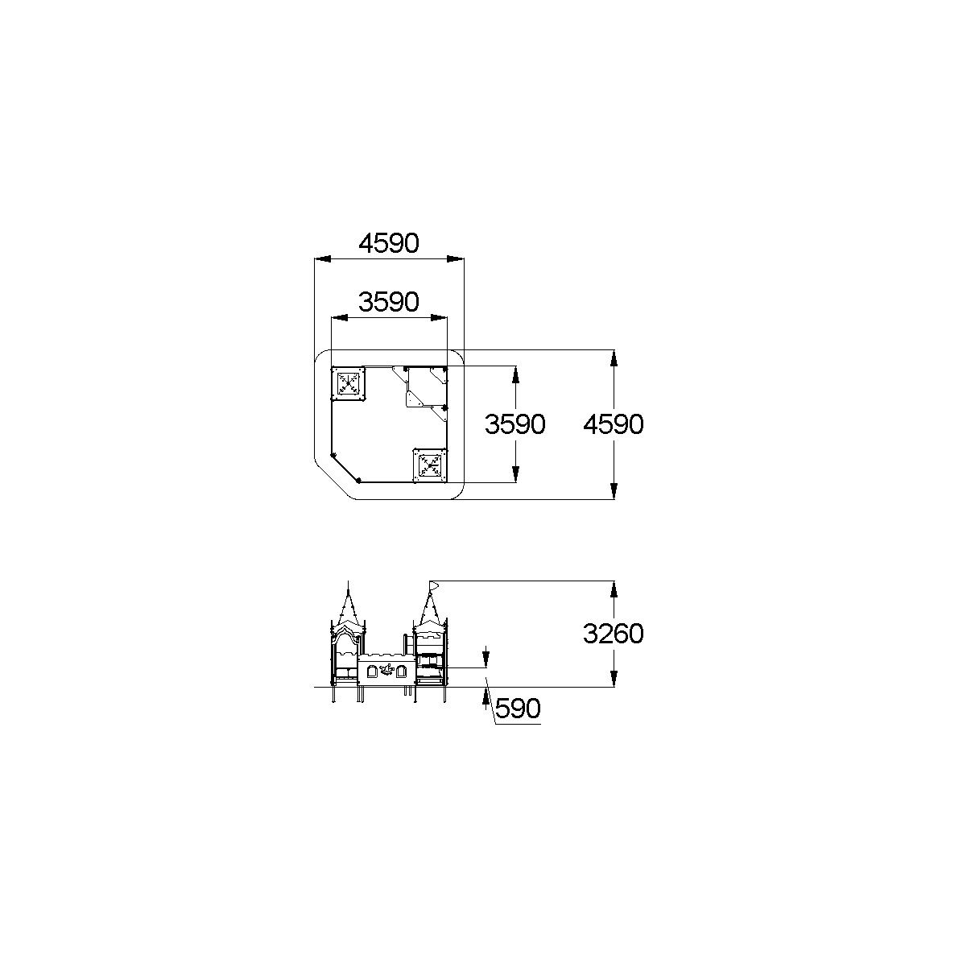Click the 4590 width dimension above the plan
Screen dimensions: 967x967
click(388, 243)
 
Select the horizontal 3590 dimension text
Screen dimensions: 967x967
click(388, 302)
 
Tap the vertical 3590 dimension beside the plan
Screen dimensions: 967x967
click(514, 424)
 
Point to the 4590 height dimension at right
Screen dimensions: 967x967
click(614, 424)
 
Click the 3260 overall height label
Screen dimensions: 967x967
click(614, 634)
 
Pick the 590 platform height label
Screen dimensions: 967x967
click(518, 709)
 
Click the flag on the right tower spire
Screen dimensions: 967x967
click(434, 585)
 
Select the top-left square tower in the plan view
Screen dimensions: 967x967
click(348, 384)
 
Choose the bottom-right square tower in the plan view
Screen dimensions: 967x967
click(430, 465)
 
